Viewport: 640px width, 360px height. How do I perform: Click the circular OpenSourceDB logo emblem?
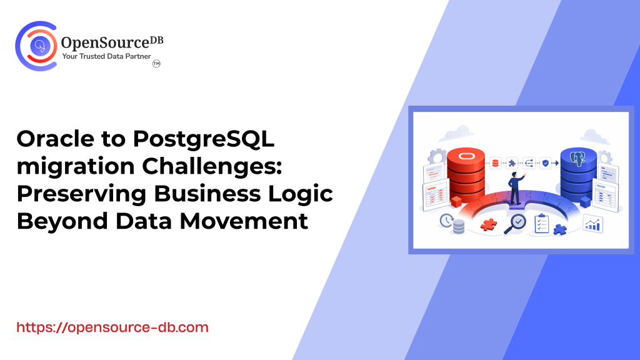36,46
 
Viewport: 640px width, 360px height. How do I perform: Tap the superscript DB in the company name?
156,40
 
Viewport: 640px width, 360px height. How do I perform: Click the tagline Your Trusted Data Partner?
106,56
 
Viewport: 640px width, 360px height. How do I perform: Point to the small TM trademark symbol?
156,64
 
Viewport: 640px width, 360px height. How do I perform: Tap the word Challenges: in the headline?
212,166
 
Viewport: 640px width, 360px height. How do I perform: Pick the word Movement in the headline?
244,221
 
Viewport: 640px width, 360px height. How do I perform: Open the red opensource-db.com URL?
112,327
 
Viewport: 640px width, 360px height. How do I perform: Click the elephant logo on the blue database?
577,158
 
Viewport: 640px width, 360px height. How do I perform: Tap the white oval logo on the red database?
465,156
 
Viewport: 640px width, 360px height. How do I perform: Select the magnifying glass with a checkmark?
515,224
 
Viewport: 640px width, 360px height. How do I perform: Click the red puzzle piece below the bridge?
489,224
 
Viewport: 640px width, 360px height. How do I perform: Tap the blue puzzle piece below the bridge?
560,229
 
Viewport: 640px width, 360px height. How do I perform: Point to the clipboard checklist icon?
541,224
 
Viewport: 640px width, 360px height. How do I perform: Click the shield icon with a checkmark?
545,163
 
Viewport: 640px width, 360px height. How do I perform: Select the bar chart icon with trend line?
592,223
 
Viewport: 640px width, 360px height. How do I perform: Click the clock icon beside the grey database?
446,221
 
